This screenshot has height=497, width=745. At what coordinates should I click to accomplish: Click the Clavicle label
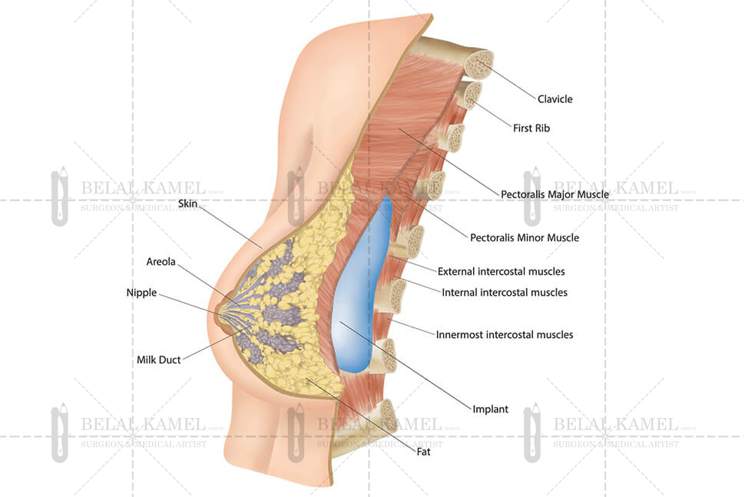click(x=555, y=99)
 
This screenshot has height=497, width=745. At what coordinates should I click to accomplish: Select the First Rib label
click(x=531, y=128)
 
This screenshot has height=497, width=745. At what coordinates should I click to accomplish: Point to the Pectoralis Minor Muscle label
click(x=524, y=238)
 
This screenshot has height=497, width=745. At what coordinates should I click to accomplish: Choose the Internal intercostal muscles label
click(x=505, y=293)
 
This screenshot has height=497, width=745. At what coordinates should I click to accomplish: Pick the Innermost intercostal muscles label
click(x=504, y=335)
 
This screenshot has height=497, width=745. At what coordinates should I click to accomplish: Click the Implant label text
click(x=490, y=409)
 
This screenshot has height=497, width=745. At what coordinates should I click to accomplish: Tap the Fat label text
click(x=423, y=452)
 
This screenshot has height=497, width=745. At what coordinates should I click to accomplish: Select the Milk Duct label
click(x=159, y=359)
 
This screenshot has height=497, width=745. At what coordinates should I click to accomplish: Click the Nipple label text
click(x=141, y=293)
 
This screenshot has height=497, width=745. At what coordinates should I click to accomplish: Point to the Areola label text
click(x=161, y=262)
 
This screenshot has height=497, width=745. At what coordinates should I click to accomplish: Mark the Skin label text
click(x=188, y=204)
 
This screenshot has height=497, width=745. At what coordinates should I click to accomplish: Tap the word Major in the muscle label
click(x=567, y=194)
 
